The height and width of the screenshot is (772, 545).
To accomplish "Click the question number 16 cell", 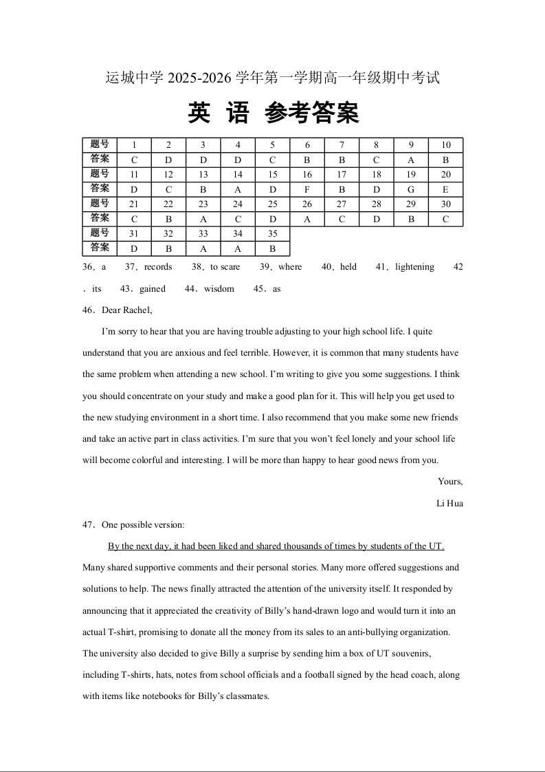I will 307,175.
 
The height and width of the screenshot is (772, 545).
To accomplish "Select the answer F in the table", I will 307,190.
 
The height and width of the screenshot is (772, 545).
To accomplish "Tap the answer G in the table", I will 411,190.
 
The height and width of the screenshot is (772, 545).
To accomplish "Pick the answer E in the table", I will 445,190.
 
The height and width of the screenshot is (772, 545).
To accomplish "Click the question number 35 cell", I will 273,234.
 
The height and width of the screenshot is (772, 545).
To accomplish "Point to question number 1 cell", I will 135,145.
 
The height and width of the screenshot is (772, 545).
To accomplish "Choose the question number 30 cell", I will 445,204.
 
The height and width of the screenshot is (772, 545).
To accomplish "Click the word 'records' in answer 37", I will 158,267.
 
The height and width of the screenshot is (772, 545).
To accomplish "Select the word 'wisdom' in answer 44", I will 219,289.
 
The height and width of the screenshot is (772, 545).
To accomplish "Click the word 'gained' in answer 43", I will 153,289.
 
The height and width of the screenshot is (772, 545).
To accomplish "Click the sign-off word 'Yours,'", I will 450,482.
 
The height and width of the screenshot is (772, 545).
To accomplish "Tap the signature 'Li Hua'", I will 449,504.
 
